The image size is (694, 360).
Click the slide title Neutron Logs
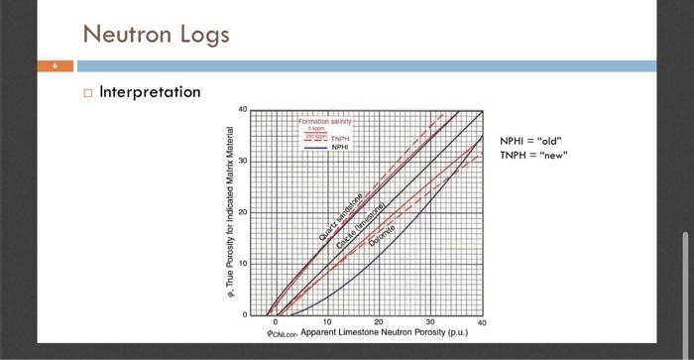(x=156, y=35)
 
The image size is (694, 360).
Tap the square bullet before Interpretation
(x=88, y=93)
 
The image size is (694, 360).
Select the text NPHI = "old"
(x=534, y=142)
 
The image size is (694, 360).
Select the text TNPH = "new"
(x=535, y=156)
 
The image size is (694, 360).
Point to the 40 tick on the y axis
(x=242, y=108)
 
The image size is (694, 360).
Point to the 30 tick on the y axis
(x=242, y=161)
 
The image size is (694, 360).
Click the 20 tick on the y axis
(x=242, y=212)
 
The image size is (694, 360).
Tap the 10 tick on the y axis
(x=242, y=263)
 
